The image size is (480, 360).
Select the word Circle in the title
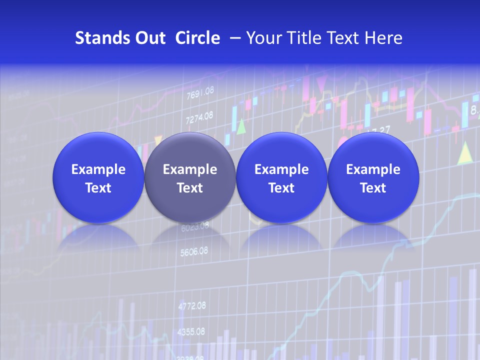pos(197,38)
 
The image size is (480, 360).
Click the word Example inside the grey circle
pos(189,169)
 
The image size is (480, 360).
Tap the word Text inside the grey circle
pos(189,188)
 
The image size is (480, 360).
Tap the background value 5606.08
pos(194,251)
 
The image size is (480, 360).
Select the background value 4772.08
pos(191,305)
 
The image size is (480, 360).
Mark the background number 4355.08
pos(191,331)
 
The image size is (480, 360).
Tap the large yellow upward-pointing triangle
pos(465,153)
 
